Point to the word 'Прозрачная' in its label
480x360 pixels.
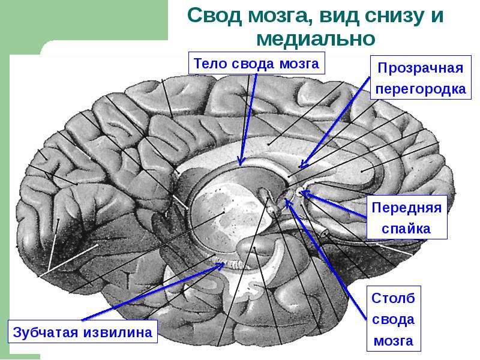pos(420,67)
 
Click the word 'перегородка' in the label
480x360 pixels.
pos(420,88)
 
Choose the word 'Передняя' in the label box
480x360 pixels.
pos(407,208)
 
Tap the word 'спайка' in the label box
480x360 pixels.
pos(407,228)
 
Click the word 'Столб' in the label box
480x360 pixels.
pos(394,298)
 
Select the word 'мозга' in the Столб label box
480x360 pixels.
pos(394,341)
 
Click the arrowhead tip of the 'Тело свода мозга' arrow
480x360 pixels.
pos(241,164)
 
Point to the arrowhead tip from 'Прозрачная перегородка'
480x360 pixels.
pos(302,167)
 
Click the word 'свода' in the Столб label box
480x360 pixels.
pos(394,319)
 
